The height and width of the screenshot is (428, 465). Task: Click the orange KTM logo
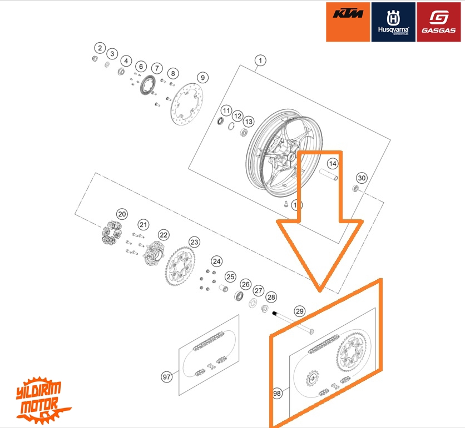[348, 22]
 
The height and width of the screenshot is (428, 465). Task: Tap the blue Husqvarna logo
[393, 22]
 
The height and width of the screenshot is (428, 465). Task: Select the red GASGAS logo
[438, 22]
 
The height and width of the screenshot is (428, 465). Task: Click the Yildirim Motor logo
[43, 398]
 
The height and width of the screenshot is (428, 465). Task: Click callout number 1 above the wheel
[260, 61]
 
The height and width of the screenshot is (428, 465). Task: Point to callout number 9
[202, 77]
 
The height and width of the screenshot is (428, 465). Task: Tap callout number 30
[362, 178]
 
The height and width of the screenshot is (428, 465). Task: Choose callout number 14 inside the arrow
[332, 163]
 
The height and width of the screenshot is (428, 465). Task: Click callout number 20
[122, 214]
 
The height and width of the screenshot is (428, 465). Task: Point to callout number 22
[163, 235]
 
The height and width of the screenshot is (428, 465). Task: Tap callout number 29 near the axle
[300, 311]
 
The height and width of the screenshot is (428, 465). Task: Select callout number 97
[166, 377]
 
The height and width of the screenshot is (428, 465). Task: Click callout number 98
[278, 393]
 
